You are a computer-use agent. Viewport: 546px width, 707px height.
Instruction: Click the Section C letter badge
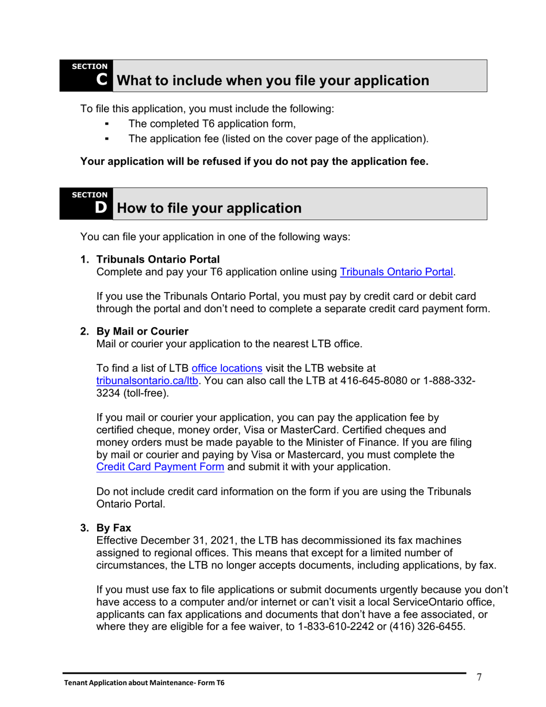click(x=101, y=80)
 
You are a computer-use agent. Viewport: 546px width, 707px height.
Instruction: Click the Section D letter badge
click(x=101, y=208)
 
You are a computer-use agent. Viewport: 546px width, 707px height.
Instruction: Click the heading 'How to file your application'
click(x=209, y=208)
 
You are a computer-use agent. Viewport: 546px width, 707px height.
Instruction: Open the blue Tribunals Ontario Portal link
click(x=397, y=272)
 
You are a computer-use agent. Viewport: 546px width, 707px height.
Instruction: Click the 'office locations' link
click(x=227, y=367)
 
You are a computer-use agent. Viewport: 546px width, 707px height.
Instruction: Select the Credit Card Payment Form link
click(x=160, y=467)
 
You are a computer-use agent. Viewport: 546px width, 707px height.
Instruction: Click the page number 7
click(x=479, y=677)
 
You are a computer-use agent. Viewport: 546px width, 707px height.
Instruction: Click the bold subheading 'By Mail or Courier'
click(x=143, y=332)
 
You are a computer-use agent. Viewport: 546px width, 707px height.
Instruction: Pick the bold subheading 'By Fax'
click(x=114, y=528)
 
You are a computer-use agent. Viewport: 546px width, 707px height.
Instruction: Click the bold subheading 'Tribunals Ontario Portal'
click(x=157, y=259)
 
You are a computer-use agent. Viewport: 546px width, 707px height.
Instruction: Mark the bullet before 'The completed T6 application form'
click(x=107, y=124)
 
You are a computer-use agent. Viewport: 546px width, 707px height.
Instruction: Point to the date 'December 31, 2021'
click(x=180, y=541)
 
